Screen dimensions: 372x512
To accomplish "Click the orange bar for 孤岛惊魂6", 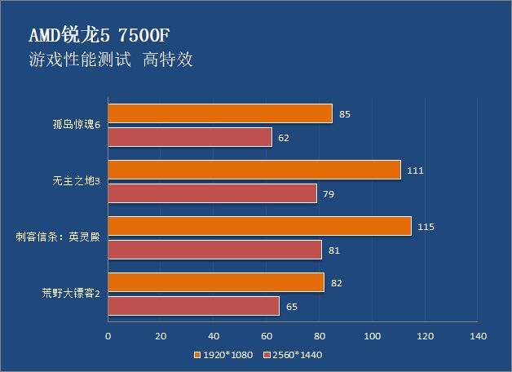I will pos(219,113).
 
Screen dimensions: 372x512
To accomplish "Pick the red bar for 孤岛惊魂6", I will pos(189,137).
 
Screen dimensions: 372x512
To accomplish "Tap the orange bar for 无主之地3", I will pos(254,170).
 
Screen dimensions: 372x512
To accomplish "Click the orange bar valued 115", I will pos(259,226).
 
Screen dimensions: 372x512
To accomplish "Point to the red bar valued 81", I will pos(214,250).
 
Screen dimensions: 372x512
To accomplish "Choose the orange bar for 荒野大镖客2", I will pos(215,282).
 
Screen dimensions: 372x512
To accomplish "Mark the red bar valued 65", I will pos(193,306).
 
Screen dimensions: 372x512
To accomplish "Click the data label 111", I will pos(416,170).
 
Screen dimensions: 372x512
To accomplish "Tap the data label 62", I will pos(284,138).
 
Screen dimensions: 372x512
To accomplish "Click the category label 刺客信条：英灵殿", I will pos(59,238).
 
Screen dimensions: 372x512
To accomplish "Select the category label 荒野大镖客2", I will pos(71,294).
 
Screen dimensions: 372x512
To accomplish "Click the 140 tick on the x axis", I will pos(478,335).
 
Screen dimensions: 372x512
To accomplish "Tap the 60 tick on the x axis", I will pos(267,335).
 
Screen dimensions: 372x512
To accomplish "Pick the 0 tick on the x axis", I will pos(108,335).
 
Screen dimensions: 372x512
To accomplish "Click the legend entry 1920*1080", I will pos(225,355).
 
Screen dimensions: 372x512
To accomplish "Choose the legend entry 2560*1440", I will pos(298,355).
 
